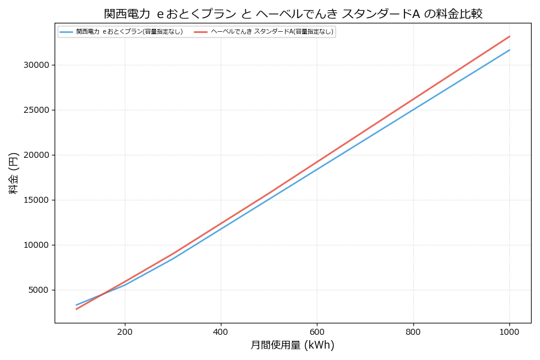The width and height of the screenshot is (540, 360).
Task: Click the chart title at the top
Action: pos(293,14)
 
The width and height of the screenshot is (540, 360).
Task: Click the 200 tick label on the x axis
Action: pos(125,331)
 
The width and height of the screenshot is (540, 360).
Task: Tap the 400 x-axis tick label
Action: pos(221,331)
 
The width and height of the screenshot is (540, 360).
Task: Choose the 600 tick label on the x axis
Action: pos(317,331)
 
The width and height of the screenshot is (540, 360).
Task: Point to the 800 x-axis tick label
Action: pos(413,331)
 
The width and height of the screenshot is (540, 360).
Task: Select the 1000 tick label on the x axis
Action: pos(509,331)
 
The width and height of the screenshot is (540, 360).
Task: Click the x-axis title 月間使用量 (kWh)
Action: pos(292,346)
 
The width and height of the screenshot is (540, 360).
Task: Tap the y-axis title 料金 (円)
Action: pos(13,173)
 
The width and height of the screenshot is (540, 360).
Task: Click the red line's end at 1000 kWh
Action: pos(509,36)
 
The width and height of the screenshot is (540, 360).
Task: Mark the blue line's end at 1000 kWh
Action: pos(509,50)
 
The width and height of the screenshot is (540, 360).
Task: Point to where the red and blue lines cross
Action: pos(99,294)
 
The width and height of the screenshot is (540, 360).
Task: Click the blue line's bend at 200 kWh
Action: pos(125,284)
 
